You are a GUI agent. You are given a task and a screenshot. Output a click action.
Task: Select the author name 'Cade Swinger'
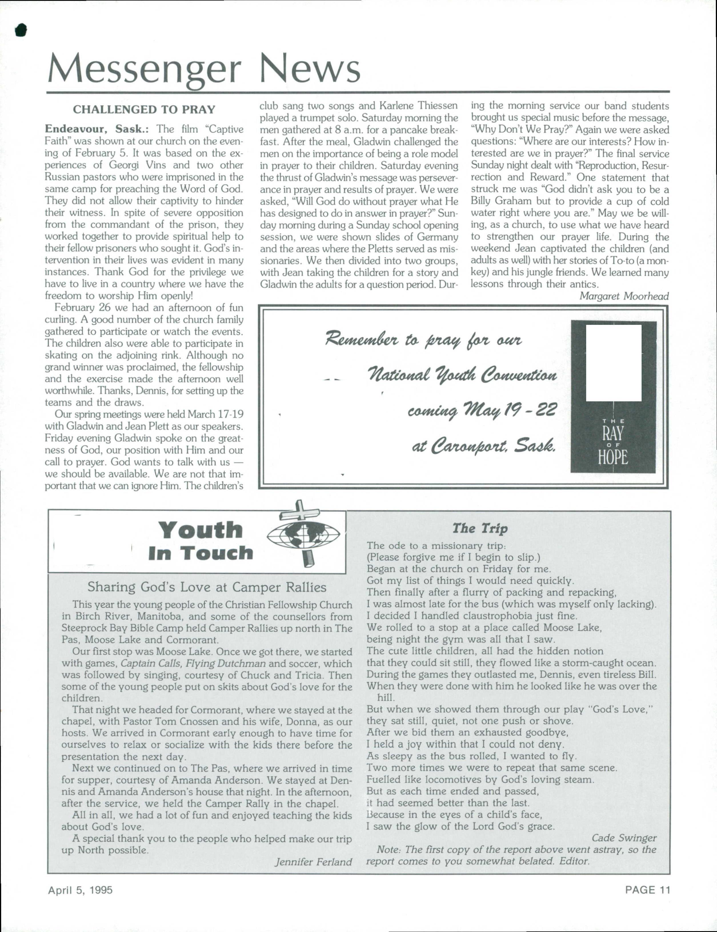[x=624, y=838]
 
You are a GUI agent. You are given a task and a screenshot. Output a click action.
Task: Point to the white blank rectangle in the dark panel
[x=613, y=363]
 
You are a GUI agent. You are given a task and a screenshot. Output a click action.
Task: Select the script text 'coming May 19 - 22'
[x=482, y=411]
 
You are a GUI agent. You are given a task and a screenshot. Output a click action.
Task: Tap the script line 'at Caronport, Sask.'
[x=484, y=447]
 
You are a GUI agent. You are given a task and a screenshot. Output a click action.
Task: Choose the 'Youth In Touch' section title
[x=201, y=541]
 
